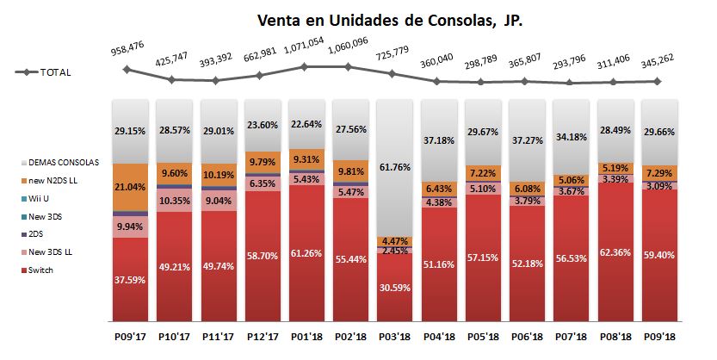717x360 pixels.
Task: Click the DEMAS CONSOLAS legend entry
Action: click(63, 162)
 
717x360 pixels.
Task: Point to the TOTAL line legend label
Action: click(55, 73)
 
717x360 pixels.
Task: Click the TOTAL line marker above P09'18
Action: click(658, 82)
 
